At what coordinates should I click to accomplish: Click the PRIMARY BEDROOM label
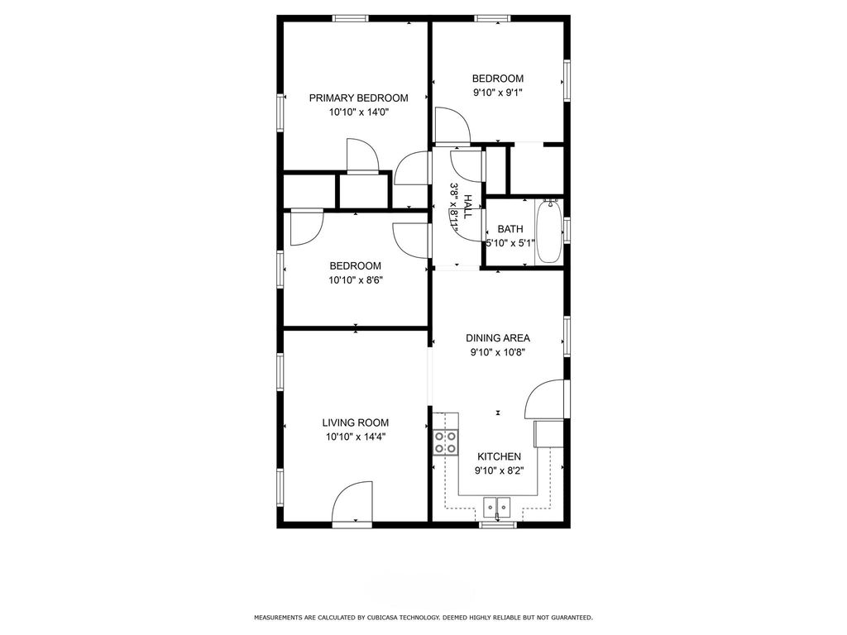pos(347,98)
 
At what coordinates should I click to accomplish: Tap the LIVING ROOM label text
pos(355,423)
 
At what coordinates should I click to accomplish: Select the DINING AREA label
pos(497,337)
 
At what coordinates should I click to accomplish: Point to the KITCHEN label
pos(499,456)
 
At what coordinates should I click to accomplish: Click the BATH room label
pos(510,229)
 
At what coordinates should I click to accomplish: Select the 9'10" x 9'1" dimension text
pos(497,93)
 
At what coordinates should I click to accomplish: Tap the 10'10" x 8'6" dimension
pos(355,279)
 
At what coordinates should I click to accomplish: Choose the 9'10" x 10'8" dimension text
pos(497,351)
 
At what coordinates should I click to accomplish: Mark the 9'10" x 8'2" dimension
pos(499,470)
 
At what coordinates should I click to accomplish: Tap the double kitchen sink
pos(497,504)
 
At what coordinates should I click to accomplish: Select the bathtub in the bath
pos(549,232)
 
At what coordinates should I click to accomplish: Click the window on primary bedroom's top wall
pos(356,17)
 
